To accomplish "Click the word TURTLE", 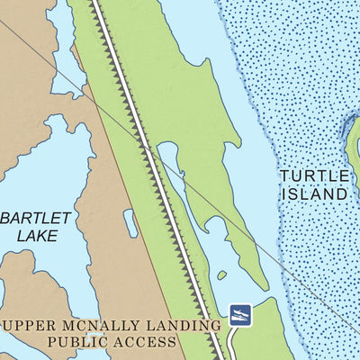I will [313, 175].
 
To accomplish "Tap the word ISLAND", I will [314, 193].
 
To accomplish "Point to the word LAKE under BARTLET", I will [37, 236].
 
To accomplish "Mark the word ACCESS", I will [148, 342].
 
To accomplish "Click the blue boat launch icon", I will [240, 314].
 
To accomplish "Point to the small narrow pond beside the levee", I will [131, 223].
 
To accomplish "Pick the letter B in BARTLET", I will [6, 218].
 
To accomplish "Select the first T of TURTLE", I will [284, 175].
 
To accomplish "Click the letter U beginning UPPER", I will [8, 325].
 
